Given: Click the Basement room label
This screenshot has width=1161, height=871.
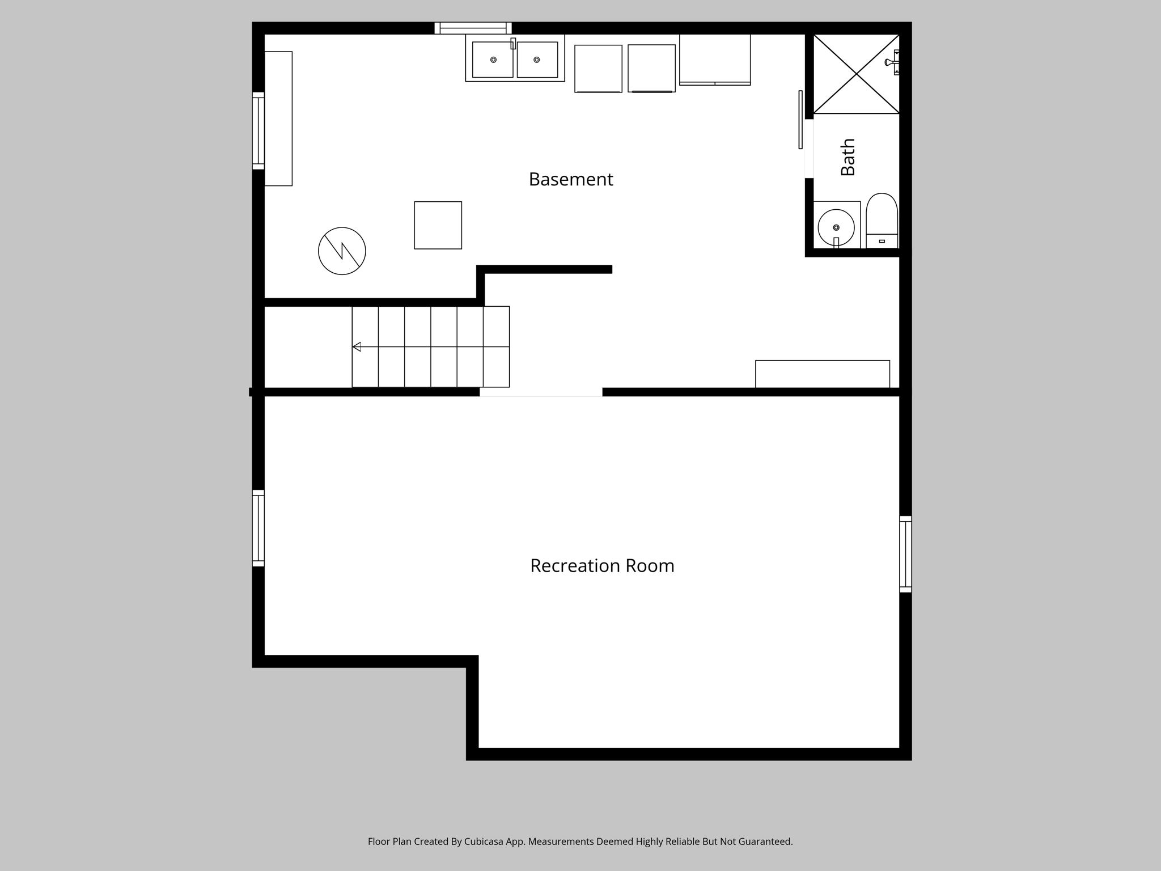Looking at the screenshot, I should [570, 179].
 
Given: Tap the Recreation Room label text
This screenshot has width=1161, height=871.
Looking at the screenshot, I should [602, 566].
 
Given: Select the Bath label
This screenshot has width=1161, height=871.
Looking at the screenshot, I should [848, 157].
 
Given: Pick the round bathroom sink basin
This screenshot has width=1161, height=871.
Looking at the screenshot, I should [836, 227].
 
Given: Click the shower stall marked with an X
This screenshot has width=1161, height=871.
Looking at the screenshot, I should [856, 74].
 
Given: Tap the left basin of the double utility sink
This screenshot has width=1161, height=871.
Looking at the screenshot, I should [492, 60].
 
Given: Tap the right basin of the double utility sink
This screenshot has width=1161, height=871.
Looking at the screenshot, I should [537, 60].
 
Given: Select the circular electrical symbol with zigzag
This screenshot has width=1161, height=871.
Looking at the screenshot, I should [342, 251].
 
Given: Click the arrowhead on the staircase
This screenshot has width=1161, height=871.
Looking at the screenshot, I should [357, 346].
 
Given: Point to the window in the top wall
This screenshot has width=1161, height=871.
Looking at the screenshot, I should [473, 28].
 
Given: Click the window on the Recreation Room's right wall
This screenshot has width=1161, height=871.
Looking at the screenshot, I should [905, 554].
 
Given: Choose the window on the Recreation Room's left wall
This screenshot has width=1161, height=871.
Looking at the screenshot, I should [258, 528].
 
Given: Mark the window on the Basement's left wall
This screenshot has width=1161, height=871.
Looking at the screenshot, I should [258, 130].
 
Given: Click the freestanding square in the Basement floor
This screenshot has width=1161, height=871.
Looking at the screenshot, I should [438, 225].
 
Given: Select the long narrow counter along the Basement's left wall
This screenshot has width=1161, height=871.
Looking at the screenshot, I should [278, 119].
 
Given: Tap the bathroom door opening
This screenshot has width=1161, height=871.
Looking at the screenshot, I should [809, 149].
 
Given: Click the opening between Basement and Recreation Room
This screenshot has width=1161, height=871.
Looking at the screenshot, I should [541, 392].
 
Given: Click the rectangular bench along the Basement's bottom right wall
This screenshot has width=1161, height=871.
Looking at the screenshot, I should [822, 374].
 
